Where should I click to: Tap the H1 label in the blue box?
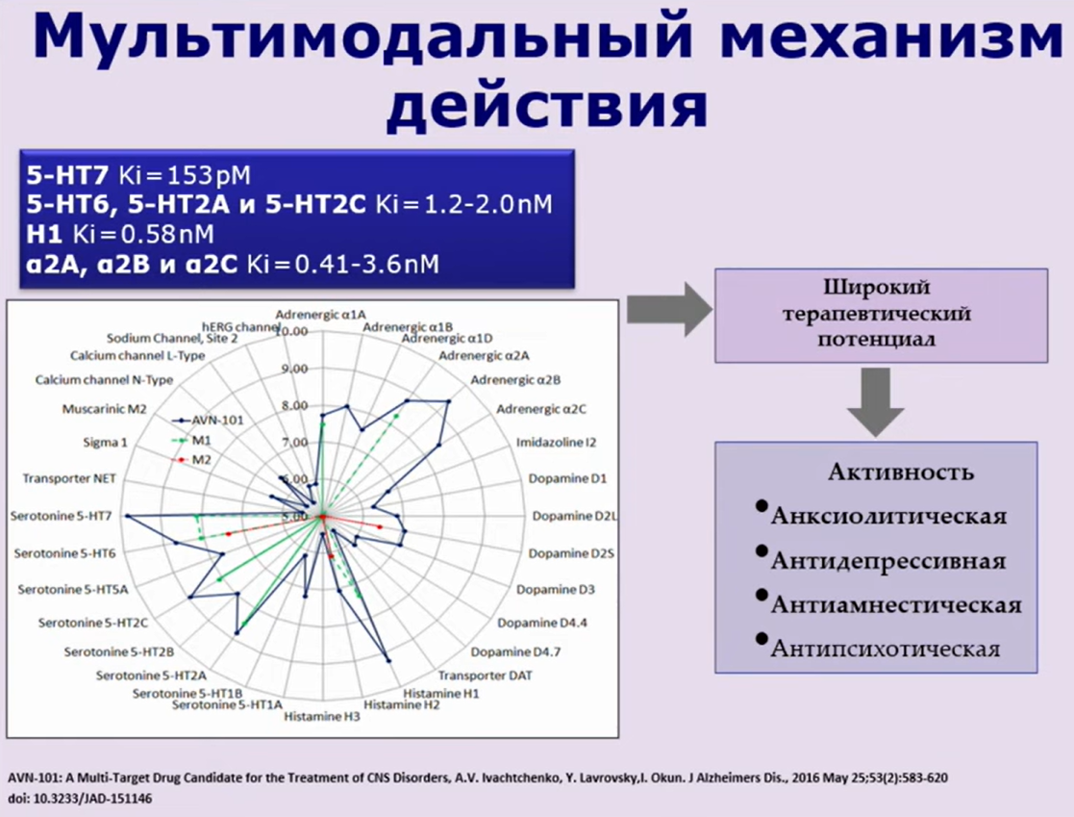point(45,234)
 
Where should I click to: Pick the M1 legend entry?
point(202,441)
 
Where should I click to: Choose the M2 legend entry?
point(202,460)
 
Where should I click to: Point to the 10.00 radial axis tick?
point(292,332)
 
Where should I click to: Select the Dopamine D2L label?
point(573,516)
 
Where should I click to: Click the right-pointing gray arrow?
point(666,309)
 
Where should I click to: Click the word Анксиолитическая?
point(888,517)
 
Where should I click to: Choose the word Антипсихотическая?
point(885,649)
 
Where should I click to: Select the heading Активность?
point(900,472)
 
